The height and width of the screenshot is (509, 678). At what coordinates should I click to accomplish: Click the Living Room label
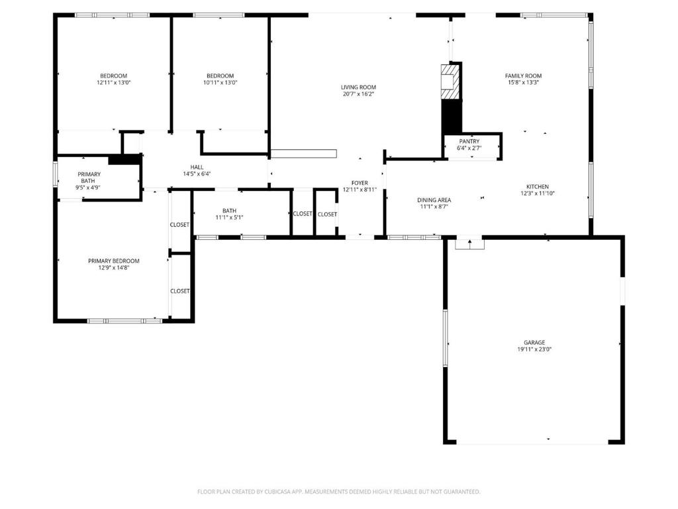(358, 87)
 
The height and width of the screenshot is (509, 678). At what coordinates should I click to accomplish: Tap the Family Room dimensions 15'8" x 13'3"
(523, 84)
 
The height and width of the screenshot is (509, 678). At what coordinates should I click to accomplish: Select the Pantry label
(469, 141)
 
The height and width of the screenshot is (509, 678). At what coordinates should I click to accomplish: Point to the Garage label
(534, 343)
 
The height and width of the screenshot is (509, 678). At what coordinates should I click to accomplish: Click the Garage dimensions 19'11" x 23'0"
(534, 350)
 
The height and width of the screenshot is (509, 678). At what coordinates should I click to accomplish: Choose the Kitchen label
(537, 186)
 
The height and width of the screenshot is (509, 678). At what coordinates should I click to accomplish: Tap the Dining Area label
(434, 200)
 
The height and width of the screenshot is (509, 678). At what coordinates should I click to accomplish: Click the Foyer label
(360, 183)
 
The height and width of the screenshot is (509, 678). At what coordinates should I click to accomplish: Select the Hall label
(197, 167)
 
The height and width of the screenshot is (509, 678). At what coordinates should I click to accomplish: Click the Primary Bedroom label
(114, 260)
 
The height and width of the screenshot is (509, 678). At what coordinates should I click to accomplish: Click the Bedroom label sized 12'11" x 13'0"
(113, 76)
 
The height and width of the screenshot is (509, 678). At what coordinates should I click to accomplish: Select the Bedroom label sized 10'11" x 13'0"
(220, 76)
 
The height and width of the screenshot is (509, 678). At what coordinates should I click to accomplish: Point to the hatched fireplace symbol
(450, 82)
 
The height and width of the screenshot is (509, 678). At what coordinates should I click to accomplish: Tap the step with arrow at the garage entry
(469, 243)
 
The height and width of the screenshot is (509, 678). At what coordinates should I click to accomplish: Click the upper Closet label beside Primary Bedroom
(179, 225)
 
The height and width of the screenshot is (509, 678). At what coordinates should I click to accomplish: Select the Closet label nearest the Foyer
(327, 214)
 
